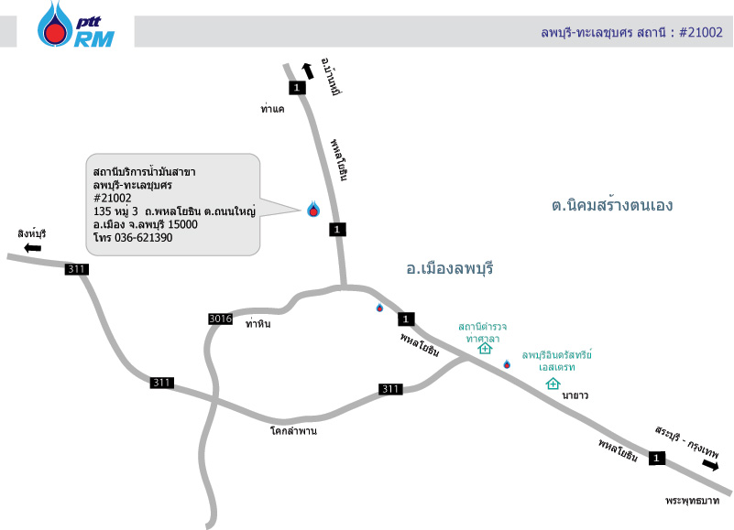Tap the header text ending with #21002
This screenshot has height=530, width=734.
(632, 32)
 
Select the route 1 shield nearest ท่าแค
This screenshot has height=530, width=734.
(295, 88)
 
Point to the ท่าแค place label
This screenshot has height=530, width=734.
(273, 109)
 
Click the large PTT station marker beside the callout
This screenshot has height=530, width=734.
(313, 209)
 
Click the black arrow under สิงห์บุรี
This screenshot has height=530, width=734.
(33, 248)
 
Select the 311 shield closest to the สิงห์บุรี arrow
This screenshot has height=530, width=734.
(77, 269)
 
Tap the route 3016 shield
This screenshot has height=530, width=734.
(221, 319)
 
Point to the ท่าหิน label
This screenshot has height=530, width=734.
(258, 322)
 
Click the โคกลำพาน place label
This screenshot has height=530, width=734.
(293, 429)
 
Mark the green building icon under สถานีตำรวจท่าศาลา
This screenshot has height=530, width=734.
(485, 349)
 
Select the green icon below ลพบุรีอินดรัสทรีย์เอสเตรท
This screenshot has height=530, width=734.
(553, 384)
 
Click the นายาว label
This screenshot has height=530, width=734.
(575, 395)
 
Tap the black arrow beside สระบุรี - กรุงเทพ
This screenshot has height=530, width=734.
(710, 465)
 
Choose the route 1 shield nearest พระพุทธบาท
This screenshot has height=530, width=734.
(656, 458)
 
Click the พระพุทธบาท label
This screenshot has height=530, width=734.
(696, 501)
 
